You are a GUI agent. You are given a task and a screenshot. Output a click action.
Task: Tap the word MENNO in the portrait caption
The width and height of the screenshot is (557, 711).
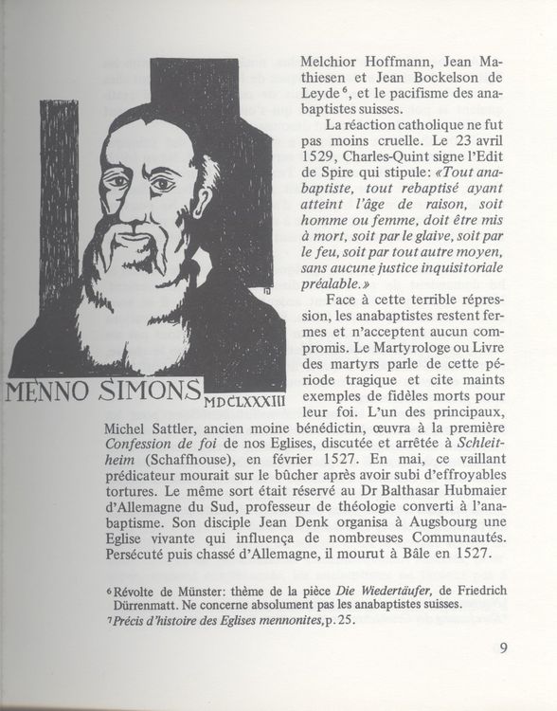[53, 392]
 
